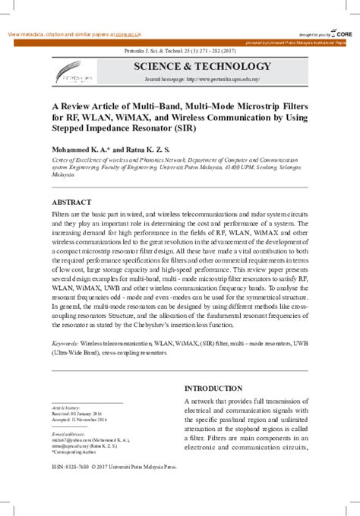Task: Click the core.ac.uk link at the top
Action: [128, 35]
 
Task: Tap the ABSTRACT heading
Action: [71, 203]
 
